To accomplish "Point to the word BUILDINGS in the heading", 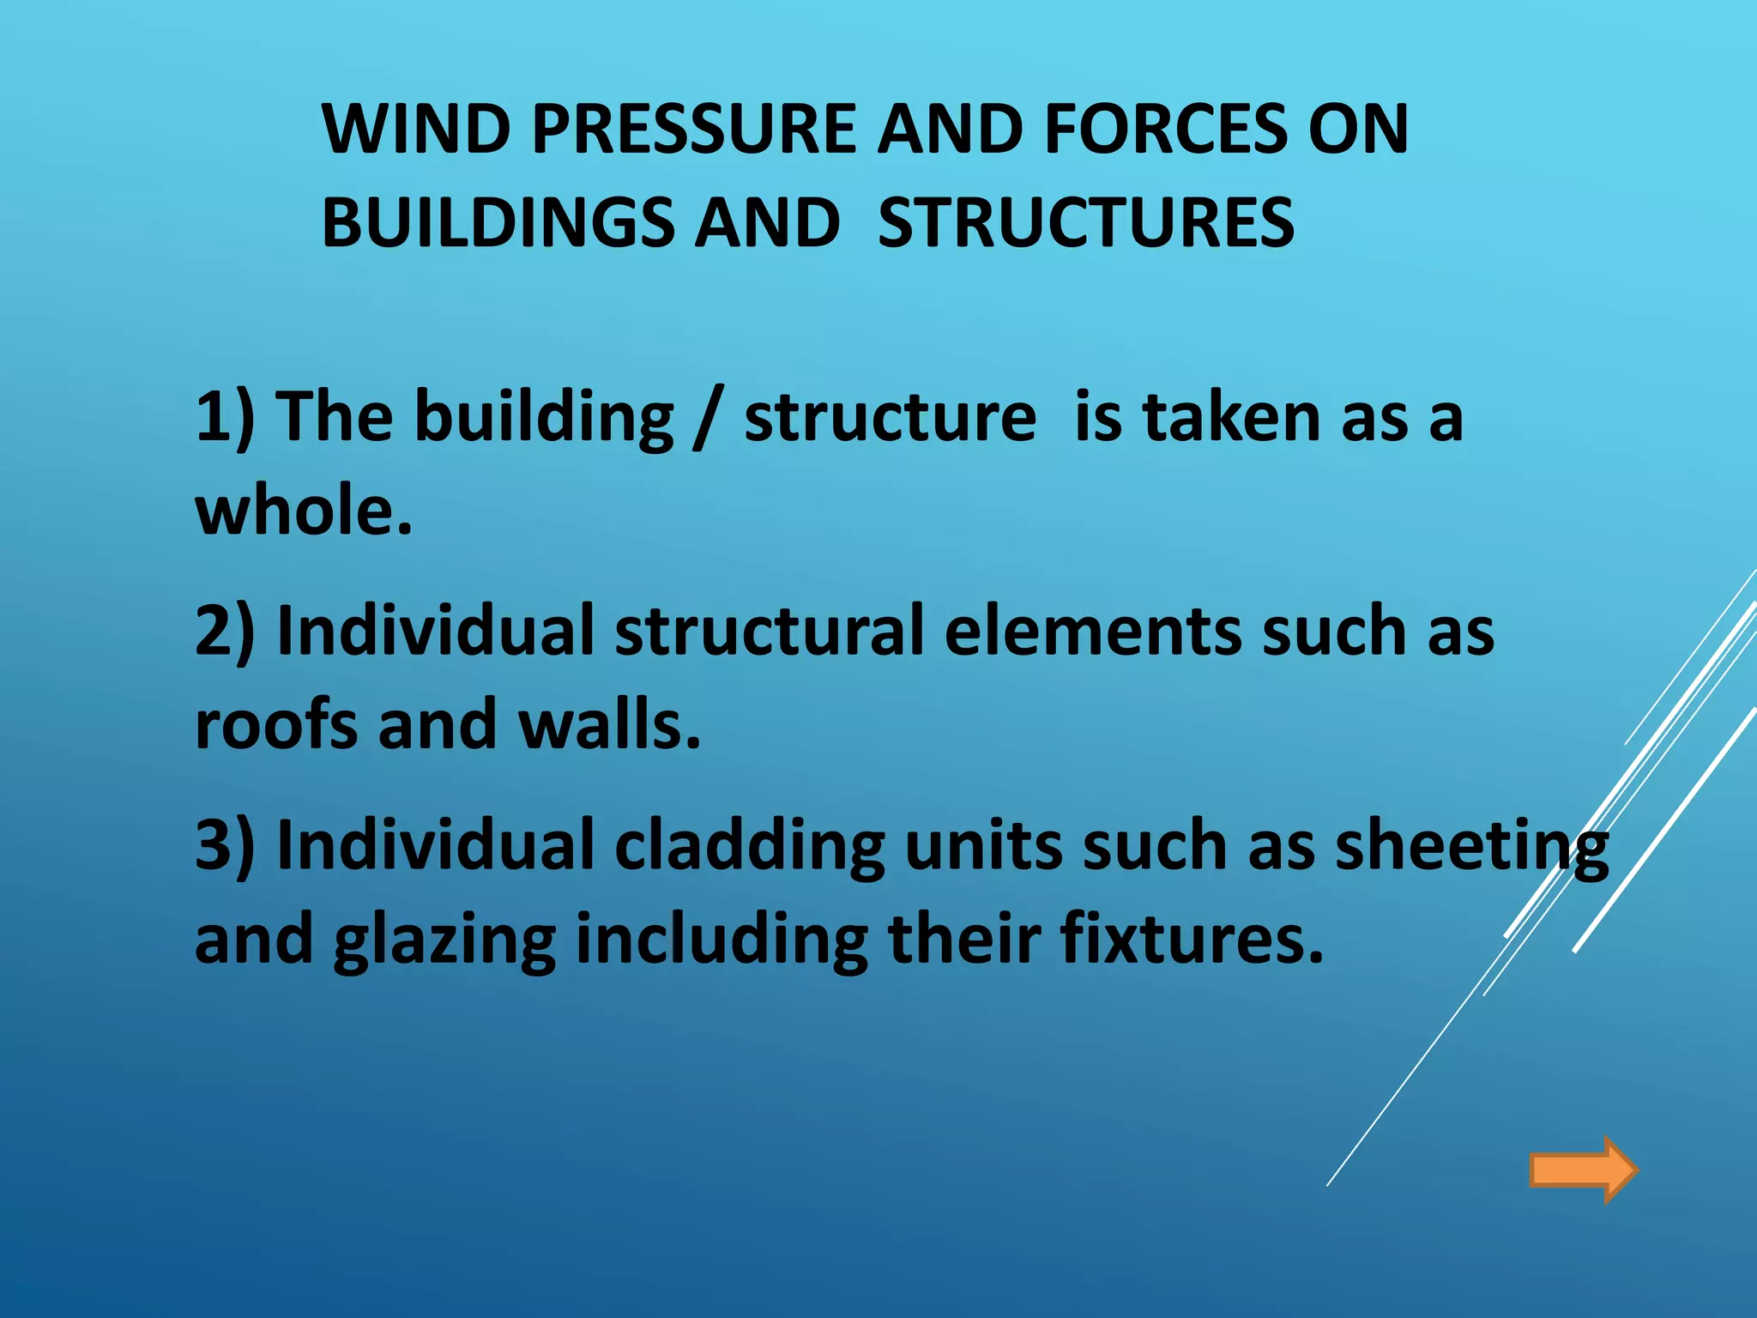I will pyautogui.click(x=498, y=222).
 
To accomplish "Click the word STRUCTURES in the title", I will pyautogui.click(x=1085, y=222).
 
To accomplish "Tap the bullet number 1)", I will pyautogui.click(x=225, y=418).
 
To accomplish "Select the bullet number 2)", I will pyautogui.click(x=225, y=632).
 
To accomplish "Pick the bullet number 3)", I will pyautogui.click(x=225, y=846).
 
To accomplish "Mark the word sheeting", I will pyautogui.click(x=1471, y=846).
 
